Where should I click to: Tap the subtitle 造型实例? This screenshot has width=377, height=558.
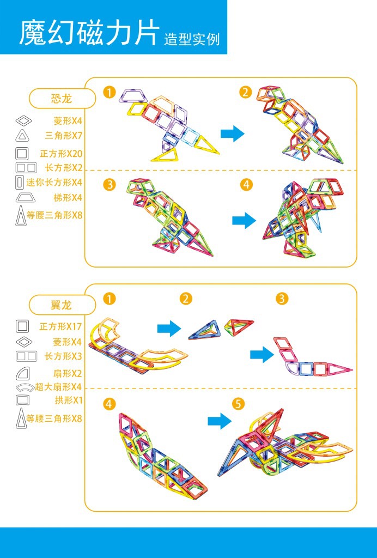[192, 39]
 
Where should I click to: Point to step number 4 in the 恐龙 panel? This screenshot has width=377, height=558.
[247, 185]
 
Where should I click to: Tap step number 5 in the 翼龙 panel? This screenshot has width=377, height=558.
[238, 404]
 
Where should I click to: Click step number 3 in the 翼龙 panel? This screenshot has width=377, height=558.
[282, 299]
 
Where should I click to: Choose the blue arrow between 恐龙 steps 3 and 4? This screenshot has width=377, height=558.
[244, 220]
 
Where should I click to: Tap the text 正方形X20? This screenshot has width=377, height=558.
[61, 154]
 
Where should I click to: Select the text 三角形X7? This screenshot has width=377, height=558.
[64, 135]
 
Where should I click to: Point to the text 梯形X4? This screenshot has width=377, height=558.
[68, 197]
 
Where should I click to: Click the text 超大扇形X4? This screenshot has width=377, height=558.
[58, 387]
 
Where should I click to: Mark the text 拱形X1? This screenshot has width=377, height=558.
[69, 400]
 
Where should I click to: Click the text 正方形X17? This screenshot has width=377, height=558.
[60, 326]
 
